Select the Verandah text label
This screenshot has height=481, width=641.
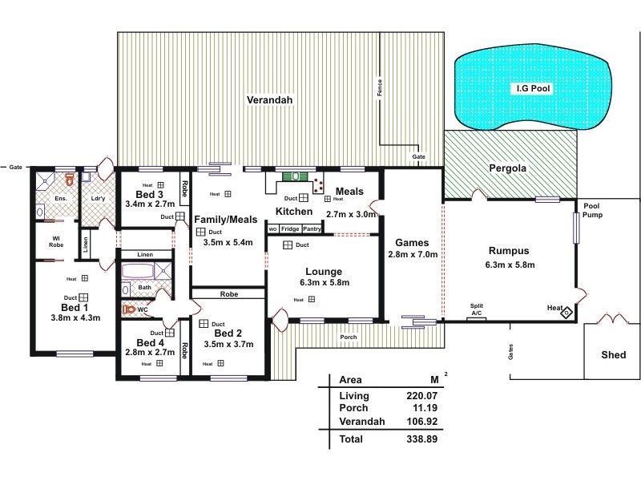click(269, 100)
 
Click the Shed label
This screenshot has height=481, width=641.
click(615, 354)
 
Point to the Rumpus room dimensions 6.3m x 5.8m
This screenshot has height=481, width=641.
click(510, 265)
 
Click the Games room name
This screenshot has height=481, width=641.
click(412, 242)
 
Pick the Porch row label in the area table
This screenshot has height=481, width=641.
click(353, 408)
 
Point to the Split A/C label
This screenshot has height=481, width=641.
click(477, 309)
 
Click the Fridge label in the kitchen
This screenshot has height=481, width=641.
click(290, 229)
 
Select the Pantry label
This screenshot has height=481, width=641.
click(312, 229)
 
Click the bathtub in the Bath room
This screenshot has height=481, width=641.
click(131, 287)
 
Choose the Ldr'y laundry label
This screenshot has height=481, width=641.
click(99, 198)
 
